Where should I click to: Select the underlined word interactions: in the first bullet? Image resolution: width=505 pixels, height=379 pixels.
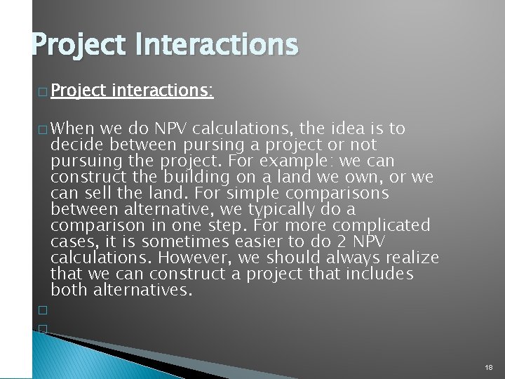pyautogui.click(x=162, y=91)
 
